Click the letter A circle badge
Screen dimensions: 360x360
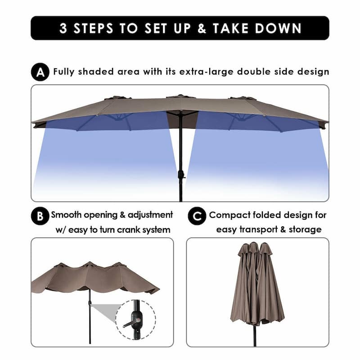coord(40,72)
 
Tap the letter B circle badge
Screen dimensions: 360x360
coord(40,216)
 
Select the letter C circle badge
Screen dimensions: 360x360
coord(197,216)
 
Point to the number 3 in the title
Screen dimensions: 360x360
coord(64,28)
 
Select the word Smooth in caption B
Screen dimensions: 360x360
coord(69,215)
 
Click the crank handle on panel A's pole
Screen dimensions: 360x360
coord(181,174)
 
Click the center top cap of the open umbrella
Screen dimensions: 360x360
coord(180,96)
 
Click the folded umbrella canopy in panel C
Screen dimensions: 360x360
coord(256,283)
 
